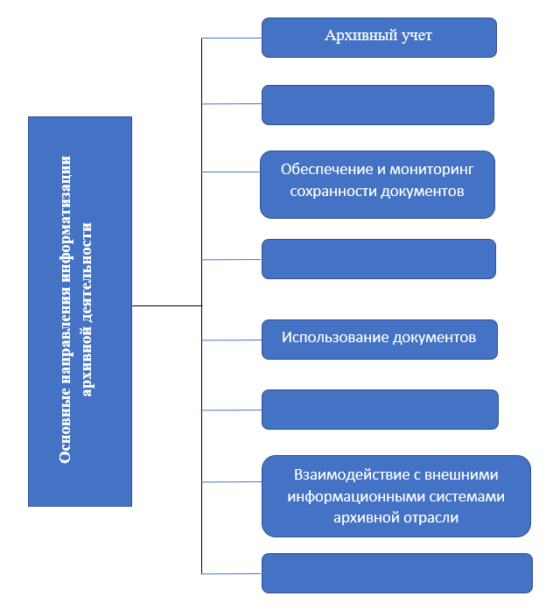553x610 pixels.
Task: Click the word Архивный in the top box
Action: pos(355,36)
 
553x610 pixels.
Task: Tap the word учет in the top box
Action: pos(414,36)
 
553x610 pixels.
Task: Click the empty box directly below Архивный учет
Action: pos(378,104)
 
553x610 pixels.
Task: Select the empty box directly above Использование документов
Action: pos(379,259)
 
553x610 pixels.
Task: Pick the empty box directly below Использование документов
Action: pos(380,410)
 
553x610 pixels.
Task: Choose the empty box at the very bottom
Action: pos(397,572)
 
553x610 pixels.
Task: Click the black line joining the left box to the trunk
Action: pos(166,305)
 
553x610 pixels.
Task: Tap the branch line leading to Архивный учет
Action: pos(232,39)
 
